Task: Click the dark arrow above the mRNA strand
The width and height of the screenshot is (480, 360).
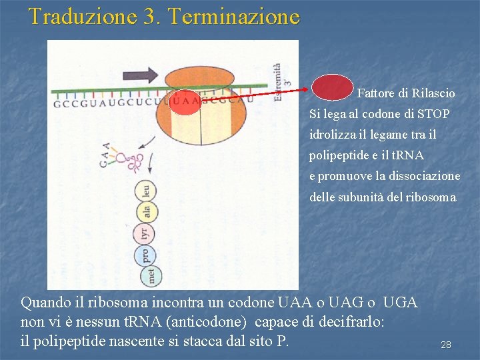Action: click(x=141, y=74)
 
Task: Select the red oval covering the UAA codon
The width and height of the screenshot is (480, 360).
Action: click(x=185, y=102)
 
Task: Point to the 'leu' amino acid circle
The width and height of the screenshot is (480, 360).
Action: click(x=146, y=192)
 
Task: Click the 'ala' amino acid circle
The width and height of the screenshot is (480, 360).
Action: click(x=146, y=213)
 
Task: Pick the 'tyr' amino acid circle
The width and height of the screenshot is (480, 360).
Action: click(x=143, y=234)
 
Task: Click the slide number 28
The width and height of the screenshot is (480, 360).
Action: click(x=446, y=345)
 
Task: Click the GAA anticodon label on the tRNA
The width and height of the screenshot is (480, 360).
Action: click(x=106, y=155)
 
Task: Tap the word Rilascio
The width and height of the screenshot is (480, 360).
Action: click(x=433, y=93)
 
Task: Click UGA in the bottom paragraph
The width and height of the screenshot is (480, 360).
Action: click(x=401, y=303)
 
